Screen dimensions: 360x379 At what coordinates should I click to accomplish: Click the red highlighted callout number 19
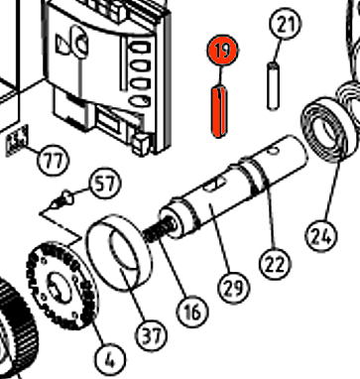coord(222,51)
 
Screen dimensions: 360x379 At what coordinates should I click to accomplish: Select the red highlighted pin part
coord(219,111)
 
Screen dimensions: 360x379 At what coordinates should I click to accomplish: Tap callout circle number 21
coord(286,24)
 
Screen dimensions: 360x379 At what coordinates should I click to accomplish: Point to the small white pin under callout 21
coord(273,85)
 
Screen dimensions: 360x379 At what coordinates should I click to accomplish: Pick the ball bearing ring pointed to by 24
coord(329,130)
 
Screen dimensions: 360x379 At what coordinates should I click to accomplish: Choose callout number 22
coord(275,264)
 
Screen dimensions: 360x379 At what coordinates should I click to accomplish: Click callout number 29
coord(234,288)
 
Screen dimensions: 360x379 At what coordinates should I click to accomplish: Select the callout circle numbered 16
coord(192,311)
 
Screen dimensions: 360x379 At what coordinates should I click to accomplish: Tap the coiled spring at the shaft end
coord(159,229)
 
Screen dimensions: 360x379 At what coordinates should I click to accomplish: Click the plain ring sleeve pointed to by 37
coord(119,253)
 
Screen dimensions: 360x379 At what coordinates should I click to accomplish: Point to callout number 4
coord(110,359)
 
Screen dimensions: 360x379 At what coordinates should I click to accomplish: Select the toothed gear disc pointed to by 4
coord(61,286)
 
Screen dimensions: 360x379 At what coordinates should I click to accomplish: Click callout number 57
coord(104,184)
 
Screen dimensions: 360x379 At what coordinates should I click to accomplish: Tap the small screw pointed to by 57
coord(61,200)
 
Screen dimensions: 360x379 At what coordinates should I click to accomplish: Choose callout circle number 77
coord(54,161)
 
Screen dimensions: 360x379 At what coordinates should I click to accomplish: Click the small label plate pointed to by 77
coord(17,141)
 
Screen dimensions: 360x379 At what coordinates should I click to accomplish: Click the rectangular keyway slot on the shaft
coord(213,185)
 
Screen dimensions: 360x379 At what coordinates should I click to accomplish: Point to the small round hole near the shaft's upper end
coord(273,151)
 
